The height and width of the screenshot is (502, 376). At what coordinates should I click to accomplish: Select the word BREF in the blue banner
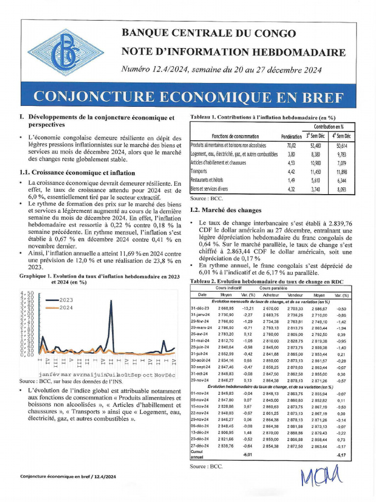click(319, 97)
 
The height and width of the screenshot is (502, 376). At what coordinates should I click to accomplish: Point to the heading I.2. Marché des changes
click(225, 210)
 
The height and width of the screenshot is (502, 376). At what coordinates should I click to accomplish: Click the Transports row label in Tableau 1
click(199, 172)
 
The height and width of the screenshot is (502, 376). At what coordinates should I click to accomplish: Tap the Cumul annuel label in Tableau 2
click(197, 454)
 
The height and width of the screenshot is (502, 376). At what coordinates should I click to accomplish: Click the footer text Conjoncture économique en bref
click(68, 477)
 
